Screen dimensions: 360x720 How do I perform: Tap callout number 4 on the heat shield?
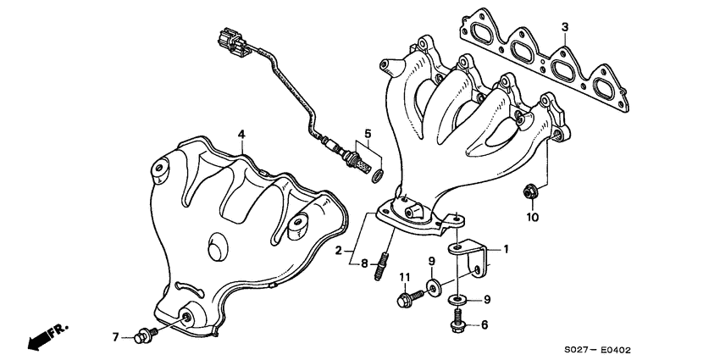(241, 135)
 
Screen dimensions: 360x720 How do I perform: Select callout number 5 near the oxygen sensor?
(368, 134)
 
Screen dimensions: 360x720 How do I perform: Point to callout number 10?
(531, 217)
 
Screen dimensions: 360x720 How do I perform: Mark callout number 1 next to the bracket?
(507, 250)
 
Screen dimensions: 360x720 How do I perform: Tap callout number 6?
(485, 325)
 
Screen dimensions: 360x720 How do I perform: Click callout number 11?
(404, 277)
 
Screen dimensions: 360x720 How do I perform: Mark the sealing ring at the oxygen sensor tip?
(377, 175)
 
